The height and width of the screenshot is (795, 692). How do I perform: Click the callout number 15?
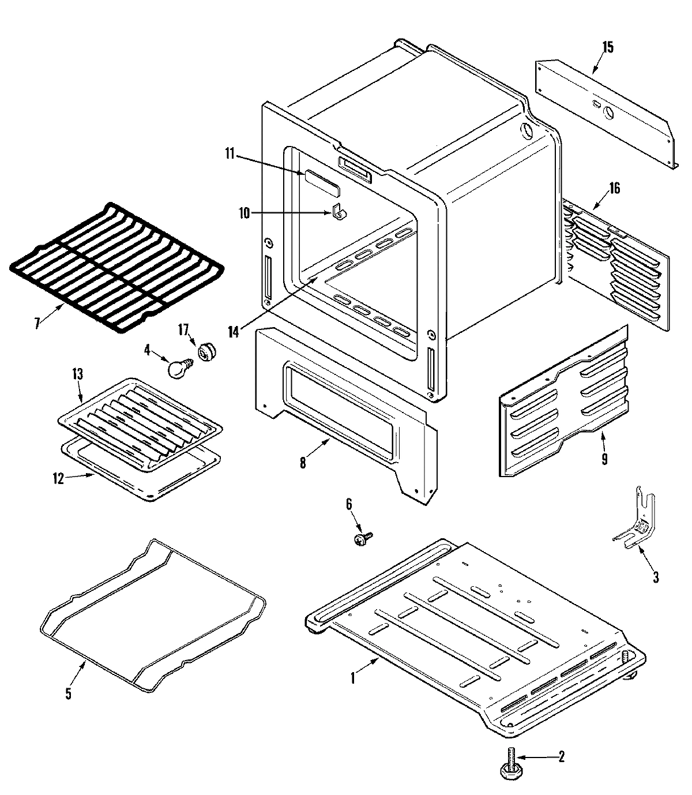pos(608,47)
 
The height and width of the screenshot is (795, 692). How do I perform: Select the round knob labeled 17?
pos(206,351)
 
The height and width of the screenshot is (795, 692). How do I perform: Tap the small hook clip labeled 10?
pos(340,213)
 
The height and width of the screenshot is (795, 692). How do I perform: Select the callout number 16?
pos(615,189)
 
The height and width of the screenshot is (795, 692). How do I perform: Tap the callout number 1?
pos(353,679)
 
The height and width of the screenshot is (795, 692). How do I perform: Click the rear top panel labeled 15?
pos(605,110)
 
